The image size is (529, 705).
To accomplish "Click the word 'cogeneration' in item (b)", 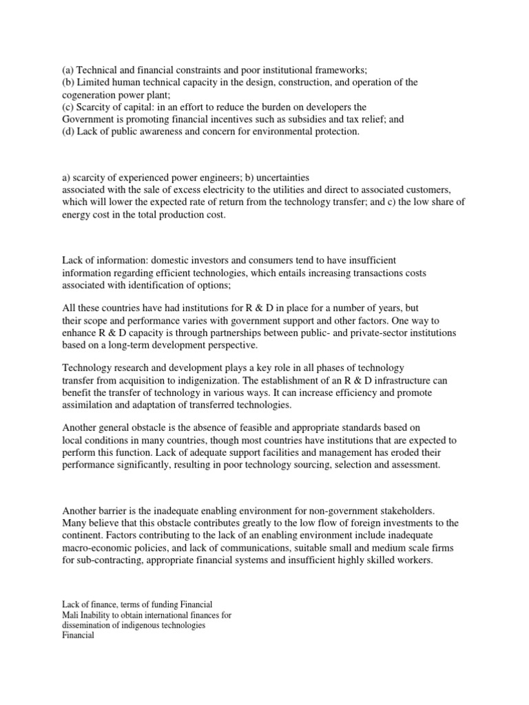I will pos(89,94).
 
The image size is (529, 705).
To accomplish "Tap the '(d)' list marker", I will pos(68,131).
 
